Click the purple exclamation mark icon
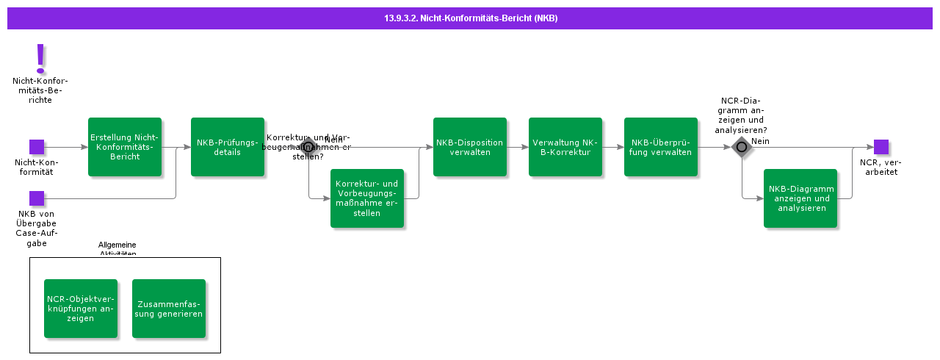point(40,58)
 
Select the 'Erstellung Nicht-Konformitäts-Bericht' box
point(125,147)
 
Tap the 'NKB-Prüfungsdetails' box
point(228,147)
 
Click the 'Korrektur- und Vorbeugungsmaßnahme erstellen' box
point(367,198)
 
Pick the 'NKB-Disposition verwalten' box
point(470,147)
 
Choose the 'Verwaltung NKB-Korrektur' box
point(565,147)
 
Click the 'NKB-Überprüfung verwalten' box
point(661,147)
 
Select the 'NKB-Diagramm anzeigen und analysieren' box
point(800,198)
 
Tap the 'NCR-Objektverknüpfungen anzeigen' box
point(81,309)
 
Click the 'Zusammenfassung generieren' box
point(169,309)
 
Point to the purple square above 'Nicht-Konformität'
point(37,147)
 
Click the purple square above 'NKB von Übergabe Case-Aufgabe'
point(37,198)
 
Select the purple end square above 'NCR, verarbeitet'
point(881,147)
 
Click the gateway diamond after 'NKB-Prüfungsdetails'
point(308,147)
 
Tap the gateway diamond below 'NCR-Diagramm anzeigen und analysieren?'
point(742,147)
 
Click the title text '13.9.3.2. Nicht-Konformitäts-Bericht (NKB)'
point(471,18)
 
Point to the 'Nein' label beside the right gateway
point(760,141)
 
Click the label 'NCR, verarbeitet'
point(881,167)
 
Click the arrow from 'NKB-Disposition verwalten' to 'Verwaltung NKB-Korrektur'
point(518,147)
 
